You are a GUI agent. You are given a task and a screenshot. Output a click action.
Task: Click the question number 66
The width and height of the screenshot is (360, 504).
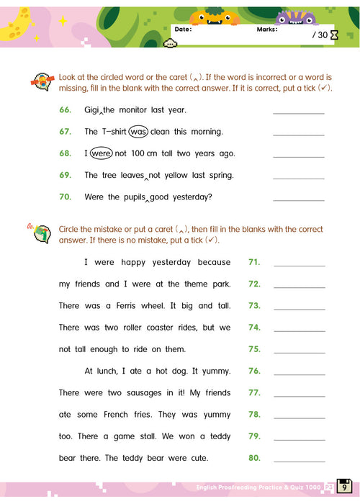[x=66, y=110]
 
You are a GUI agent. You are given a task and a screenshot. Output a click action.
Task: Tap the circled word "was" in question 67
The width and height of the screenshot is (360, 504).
[x=139, y=132]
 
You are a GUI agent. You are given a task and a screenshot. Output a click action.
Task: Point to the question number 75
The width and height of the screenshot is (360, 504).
[x=254, y=349]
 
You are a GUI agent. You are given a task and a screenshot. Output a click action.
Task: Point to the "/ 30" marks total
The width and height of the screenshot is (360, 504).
[x=320, y=35]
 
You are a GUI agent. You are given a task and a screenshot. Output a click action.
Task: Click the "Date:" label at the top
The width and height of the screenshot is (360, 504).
[x=184, y=30]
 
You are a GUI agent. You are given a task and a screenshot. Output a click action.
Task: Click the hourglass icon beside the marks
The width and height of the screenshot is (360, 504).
[x=333, y=35]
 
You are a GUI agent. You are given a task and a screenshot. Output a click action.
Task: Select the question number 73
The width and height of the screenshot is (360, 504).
[x=254, y=305]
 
